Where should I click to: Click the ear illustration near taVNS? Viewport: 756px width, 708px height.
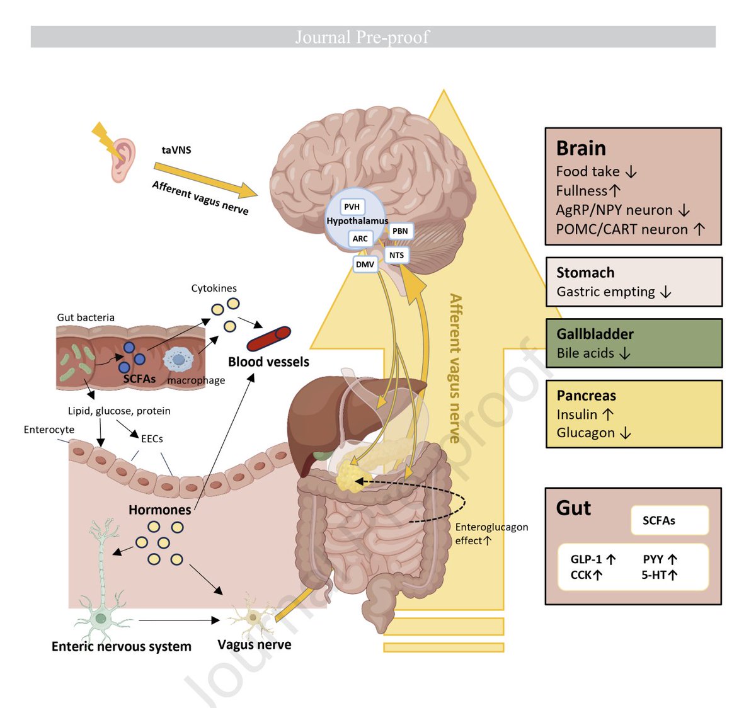pos(123,161)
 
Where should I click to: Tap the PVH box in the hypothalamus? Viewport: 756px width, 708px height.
pos(352,207)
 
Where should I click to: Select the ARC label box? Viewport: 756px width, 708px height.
pos(360,239)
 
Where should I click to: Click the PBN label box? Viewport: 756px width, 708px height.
pos(400,231)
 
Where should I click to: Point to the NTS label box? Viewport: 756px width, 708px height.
pos(396,255)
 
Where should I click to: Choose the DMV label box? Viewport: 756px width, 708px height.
pos(365,264)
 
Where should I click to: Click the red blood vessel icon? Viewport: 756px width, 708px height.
pos(268,338)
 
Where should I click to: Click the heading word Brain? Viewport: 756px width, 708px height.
pos(580,149)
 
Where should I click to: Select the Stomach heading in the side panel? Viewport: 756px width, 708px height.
pos(585,273)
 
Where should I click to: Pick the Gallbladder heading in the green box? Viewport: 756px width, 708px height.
pos(595,334)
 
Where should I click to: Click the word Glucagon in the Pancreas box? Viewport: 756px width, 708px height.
pos(585,433)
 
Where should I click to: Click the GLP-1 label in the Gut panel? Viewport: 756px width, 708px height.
pos(586,559)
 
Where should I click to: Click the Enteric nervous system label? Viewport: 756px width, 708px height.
pos(121,647)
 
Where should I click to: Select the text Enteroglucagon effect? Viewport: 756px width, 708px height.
pos(491,534)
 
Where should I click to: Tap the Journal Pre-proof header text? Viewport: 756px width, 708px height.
pos(362,37)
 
